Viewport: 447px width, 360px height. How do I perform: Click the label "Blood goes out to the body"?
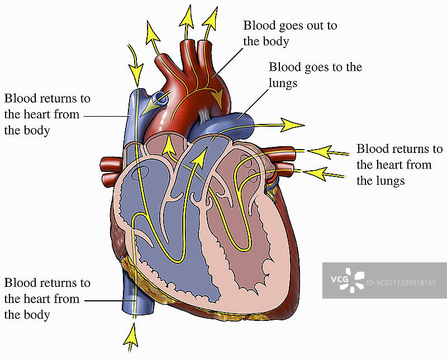tap(289, 33)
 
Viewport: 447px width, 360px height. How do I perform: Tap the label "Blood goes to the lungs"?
tap(315, 75)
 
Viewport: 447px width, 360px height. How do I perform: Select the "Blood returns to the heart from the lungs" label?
tap(399, 165)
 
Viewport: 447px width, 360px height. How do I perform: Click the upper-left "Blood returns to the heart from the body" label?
tap(47, 114)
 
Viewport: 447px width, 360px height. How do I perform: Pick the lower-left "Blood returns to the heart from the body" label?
tap(47, 299)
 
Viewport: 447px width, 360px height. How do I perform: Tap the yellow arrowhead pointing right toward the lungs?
tap(293, 124)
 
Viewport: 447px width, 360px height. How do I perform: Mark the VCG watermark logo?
tap(346, 280)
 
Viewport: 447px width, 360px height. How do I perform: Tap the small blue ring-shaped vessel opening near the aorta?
tap(161, 99)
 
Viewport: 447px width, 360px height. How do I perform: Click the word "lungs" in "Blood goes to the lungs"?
tap(283, 83)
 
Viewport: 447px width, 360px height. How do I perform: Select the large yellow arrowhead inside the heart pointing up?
tap(197, 159)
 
